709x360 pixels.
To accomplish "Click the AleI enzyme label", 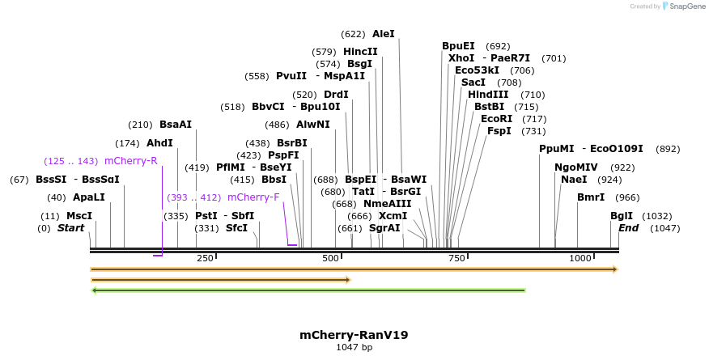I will pos(383,34).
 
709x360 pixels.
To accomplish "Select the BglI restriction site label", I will pos(622,216).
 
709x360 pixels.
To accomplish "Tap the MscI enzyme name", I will pos(79,216).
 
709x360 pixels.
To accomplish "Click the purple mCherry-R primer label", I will pos(130,161).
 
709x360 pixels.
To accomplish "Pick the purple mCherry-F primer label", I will pos(253,197).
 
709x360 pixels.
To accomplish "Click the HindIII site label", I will pos(488,95).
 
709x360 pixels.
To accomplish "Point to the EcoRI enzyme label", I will pos(496,119).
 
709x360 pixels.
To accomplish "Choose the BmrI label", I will pos(590,197).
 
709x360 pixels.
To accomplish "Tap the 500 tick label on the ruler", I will pos(330,258).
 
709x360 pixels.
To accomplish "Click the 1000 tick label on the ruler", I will pos(580,258).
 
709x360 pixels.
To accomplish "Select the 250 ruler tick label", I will pos(205,258).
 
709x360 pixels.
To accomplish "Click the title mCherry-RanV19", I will pos(354,335).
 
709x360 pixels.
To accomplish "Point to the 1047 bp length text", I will pos(354,348).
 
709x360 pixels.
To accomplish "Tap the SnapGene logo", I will pos(683,6).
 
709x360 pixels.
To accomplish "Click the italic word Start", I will pos(70,228).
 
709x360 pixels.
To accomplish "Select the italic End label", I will pos(628,228).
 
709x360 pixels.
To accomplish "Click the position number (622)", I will pos(353,34).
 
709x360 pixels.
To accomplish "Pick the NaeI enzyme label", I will pos(574,180).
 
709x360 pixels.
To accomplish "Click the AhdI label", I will pos(159,143).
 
